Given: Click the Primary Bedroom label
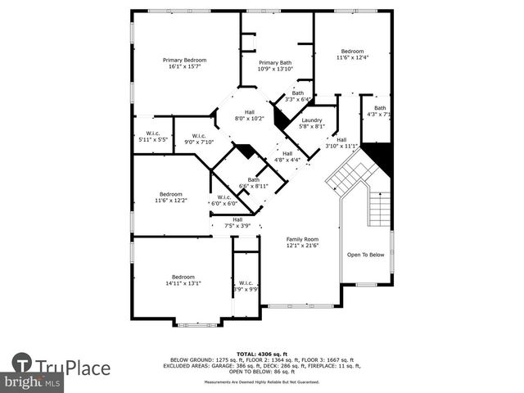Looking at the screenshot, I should pos(184,63).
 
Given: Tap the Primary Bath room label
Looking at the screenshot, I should pos(274,66).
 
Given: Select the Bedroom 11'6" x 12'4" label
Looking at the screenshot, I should pos(353,54).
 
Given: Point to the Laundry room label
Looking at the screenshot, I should pos(312,124).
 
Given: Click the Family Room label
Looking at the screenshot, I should pos(301,242).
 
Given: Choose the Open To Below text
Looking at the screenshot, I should pos(365,255).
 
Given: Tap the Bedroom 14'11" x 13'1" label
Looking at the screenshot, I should pos(183,280).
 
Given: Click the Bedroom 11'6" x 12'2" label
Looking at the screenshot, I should pos(171,197).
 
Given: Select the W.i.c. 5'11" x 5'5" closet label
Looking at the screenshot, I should pos(152,137).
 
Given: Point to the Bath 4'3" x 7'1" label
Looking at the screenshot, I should pos(380,111).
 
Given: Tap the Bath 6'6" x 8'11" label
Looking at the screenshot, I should pos(254,183).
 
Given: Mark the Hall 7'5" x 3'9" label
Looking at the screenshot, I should pos(237,223).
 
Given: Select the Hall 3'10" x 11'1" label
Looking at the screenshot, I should pos(342,143).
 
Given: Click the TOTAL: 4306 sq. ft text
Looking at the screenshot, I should pos(262,352).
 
